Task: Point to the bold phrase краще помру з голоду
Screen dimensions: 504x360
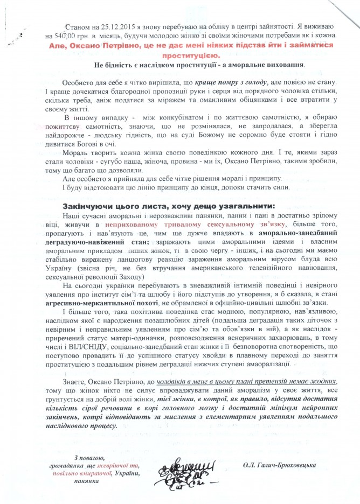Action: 225,82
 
